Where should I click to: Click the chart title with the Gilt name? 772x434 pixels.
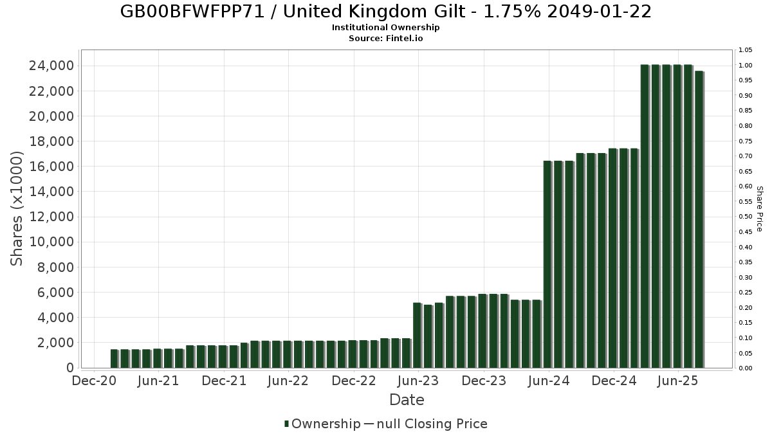[x=386, y=12]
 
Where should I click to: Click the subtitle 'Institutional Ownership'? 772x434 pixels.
[x=386, y=28]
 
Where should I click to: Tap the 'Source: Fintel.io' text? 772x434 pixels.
[x=386, y=38]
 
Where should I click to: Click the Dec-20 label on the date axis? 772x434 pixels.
[x=94, y=381]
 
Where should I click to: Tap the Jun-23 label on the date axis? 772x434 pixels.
[x=419, y=381]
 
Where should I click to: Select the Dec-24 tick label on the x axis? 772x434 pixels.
[x=614, y=381]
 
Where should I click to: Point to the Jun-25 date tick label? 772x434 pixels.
[x=677, y=381]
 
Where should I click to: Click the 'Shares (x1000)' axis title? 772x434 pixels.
[x=17, y=208]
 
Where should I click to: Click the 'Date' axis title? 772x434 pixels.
[x=407, y=400]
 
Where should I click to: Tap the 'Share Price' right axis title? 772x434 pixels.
[x=759, y=208]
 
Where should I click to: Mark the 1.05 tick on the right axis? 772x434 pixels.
[x=745, y=50]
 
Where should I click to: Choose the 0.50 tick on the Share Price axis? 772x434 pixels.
[x=745, y=217]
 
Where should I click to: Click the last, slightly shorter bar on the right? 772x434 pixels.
[x=699, y=219]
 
